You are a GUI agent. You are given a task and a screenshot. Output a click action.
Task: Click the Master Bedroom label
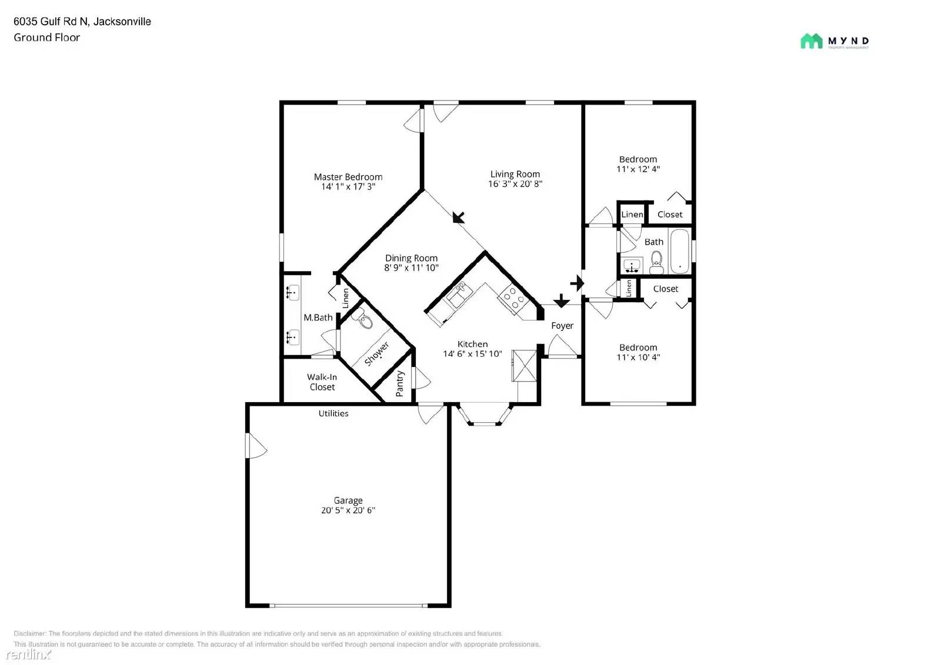click(x=348, y=176)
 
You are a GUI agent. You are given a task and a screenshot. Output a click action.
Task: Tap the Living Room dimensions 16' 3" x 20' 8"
click(x=515, y=183)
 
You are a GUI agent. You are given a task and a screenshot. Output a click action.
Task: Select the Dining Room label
click(x=411, y=258)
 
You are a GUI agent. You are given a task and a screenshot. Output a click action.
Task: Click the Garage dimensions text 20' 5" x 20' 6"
click(x=348, y=510)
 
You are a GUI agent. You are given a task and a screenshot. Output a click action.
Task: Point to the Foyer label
click(x=562, y=325)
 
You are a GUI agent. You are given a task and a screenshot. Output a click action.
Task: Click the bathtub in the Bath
click(x=680, y=252)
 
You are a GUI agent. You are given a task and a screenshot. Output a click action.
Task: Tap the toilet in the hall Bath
click(x=656, y=259)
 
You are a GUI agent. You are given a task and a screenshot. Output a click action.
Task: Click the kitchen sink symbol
click(x=457, y=294)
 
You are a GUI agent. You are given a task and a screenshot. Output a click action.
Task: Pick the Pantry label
click(x=400, y=383)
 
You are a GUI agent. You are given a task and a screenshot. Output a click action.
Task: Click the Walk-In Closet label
click(x=322, y=382)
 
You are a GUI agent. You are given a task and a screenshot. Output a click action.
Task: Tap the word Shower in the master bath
click(x=376, y=353)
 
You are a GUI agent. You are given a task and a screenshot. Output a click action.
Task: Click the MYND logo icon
click(x=811, y=41)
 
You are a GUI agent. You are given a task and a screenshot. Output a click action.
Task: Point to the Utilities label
click(x=333, y=413)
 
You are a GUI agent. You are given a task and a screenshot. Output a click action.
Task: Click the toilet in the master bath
click(x=365, y=320)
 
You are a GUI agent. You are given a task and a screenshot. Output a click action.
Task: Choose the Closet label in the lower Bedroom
click(x=665, y=289)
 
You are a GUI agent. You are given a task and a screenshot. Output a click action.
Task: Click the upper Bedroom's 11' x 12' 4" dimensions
click(x=638, y=169)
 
